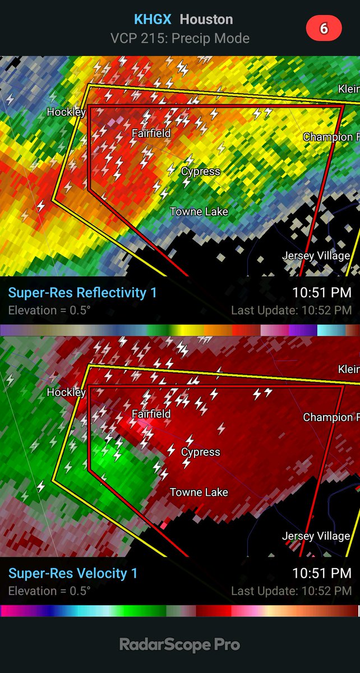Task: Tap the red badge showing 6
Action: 324,29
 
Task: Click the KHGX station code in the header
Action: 153,20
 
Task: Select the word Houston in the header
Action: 206,20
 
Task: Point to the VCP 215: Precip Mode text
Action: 179,38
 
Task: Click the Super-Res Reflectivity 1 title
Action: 82,293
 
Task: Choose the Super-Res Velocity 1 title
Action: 73,573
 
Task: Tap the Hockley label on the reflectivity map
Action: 66,112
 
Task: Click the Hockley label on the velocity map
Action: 66,392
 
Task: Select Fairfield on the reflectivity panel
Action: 151,133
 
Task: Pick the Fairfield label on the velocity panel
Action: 151,414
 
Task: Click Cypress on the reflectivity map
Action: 200,172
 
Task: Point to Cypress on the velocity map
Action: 200,452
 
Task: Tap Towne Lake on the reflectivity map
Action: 199,212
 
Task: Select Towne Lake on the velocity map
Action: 199,492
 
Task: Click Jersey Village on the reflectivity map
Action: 316,256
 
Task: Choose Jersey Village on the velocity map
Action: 316,536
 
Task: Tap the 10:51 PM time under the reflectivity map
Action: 322,293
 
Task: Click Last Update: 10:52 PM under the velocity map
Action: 292,591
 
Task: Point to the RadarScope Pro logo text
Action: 179,645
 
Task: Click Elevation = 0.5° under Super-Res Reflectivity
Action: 49,310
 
